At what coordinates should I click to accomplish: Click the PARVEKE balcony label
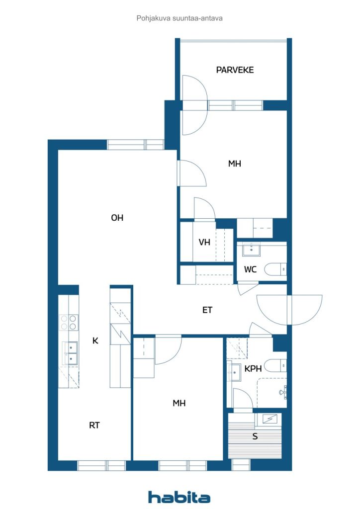point(235,70)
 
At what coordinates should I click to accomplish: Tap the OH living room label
point(117,218)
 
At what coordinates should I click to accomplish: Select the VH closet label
point(204,242)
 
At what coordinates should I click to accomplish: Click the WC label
point(250,269)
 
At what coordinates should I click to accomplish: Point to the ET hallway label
point(207,310)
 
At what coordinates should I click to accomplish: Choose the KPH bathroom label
point(253,368)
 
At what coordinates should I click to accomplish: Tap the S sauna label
point(255,436)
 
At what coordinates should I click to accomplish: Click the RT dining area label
point(94,425)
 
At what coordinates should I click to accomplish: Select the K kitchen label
point(95,340)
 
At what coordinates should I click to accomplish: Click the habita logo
point(179,497)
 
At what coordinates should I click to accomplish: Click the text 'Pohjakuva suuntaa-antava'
point(180,18)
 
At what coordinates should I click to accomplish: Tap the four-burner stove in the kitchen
point(69,322)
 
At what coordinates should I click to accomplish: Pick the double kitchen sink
point(71,353)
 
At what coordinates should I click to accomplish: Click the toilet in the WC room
point(275,269)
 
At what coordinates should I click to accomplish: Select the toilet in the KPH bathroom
point(275,366)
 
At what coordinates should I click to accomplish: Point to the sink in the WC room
point(251,250)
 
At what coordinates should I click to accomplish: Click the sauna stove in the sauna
point(269,420)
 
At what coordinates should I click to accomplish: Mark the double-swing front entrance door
point(289,310)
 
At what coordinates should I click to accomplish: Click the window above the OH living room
point(135,145)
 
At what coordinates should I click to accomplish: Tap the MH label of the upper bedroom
point(235,164)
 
